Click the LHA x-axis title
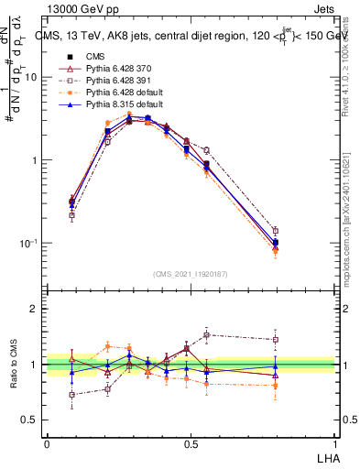click(328, 456)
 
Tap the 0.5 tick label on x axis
click(191, 442)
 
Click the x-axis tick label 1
click(335, 442)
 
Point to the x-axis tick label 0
click(47, 442)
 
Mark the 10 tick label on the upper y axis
click(30, 78)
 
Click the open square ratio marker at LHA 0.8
click(276, 340)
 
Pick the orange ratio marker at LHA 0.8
click(276, 386)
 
